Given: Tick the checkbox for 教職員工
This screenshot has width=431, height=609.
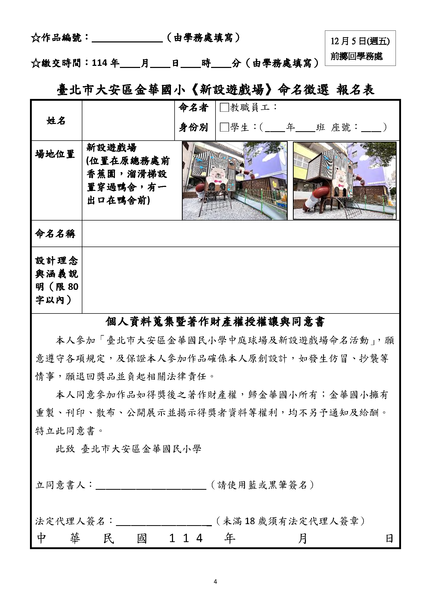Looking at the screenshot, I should coord(224,108).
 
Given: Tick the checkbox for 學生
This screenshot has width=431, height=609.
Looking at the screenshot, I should coord(224,127).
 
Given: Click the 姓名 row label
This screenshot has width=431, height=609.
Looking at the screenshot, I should coord(56,121).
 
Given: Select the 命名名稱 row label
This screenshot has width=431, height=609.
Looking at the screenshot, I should coord(55,234).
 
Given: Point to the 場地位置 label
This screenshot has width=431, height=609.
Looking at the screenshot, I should coord(55,154).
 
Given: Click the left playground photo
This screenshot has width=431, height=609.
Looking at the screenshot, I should coord(235,181).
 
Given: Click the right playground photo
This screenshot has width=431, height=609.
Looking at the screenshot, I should coord(344,181).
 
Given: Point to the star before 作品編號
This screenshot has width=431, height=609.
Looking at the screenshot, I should coord(35,38).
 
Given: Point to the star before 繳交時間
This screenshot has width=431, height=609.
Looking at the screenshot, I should coord(35,63).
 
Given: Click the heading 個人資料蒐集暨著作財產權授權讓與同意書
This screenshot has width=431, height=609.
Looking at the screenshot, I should coord(215,322).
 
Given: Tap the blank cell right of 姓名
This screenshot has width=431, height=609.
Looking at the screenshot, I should coord(128,121).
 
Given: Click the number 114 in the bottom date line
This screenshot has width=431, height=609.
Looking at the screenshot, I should coord(186,538).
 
